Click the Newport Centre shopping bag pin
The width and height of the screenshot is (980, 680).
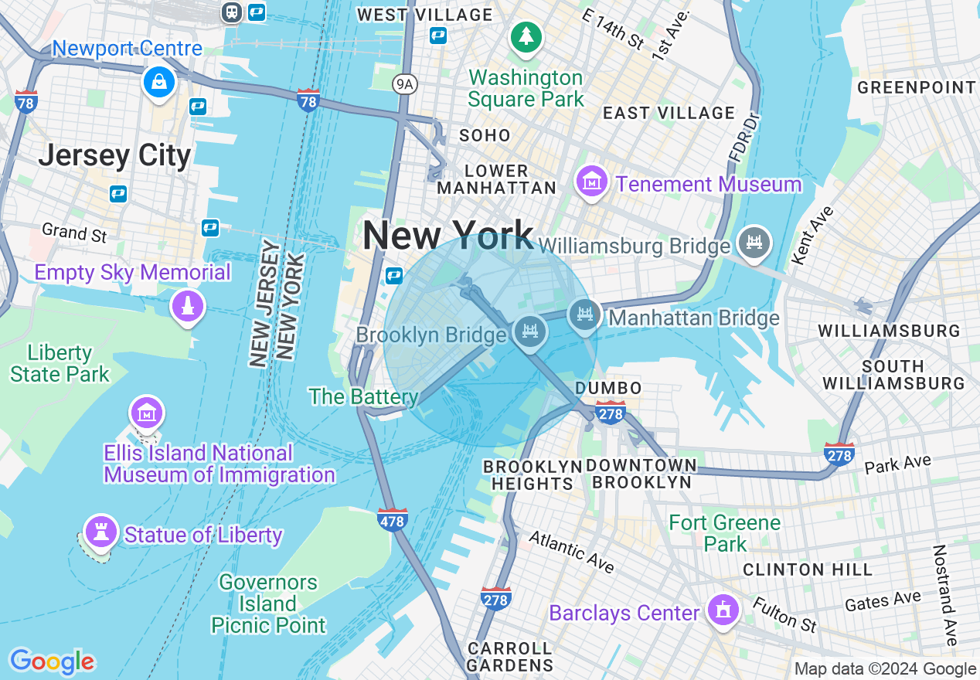(x=158, y=81)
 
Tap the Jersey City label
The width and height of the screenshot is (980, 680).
(x=114, y=155)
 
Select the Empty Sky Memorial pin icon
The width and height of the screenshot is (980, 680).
(x=186, y=305)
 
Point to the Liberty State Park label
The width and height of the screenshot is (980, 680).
(x=60, y=364)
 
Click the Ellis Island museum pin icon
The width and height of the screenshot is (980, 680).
(x=147, y=413)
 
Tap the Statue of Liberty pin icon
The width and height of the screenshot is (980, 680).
(x=100, y=532)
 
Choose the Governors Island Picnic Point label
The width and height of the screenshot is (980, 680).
(x=267, y=603)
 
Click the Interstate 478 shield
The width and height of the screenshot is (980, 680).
(x=393, y=520)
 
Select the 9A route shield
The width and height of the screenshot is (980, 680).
(x=403, y=83)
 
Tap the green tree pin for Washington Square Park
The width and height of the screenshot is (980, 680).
(x=526, y=36)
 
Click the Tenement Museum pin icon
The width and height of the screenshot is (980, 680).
(x=592, y=182)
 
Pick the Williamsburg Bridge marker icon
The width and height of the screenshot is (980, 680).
(x=754, y=242)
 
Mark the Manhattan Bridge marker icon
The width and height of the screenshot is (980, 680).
(x=585, y=314)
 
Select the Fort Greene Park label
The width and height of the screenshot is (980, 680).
(x=725, y=533)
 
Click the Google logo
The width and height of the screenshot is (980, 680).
(x=53, y=661)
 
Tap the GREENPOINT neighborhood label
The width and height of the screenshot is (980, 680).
(x=917, y=87)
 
